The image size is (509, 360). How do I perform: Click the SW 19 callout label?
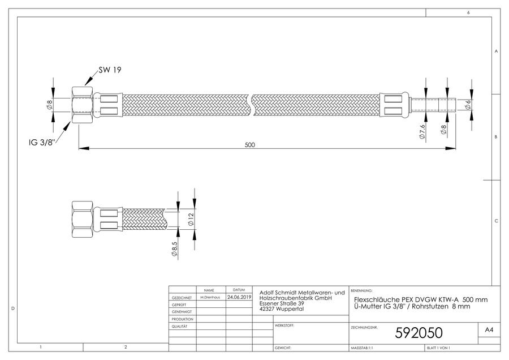[110, 70]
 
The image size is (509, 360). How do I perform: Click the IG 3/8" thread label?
[41, 142]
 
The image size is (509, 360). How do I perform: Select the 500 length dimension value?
[249, 145]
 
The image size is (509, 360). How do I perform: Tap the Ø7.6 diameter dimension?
[422, 131]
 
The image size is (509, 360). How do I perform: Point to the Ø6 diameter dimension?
[468, 105]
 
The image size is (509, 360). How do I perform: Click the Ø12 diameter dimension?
[191, 219]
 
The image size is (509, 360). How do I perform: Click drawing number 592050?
[419, 333]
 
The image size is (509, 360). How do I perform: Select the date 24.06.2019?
[239, 297]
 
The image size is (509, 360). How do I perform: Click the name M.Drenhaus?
[210, 297]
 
